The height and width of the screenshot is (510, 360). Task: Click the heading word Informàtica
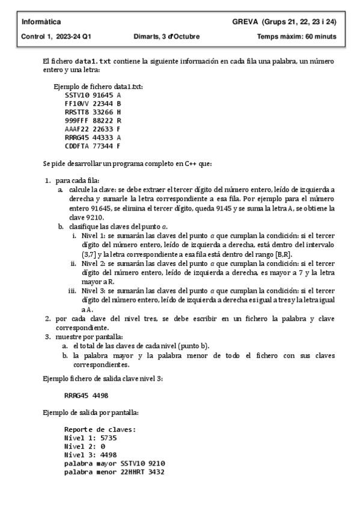(37, 22)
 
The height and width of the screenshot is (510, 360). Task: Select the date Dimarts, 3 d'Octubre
(167, 37)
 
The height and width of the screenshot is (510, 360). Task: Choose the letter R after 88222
(119, 120)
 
